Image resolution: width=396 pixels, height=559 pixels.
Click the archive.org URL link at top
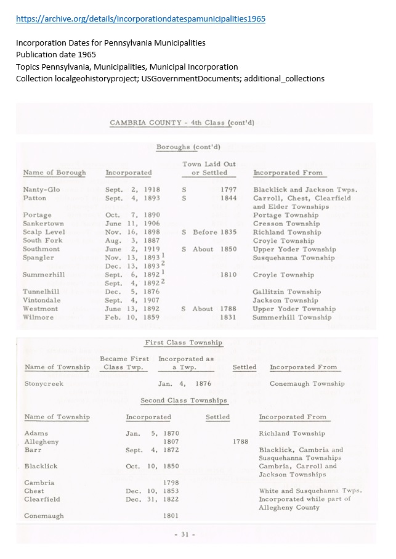pyautogui.click(x=141, y=19)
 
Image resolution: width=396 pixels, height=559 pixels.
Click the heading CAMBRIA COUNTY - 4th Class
pyautogui.click(x=182, y=123)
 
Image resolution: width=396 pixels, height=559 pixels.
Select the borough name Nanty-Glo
pyautogui.click(x=41, y=190)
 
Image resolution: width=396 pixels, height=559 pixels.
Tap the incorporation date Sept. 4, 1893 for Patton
pyautogui.click(x=132, y=198)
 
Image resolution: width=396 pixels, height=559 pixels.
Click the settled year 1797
pyautogui.click(x=228, y=190)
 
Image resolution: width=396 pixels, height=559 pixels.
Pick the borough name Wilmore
pyautogui.click(x=38, y=317)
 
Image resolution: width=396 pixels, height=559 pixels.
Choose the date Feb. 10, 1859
pyautogui.click(x=132, y=317)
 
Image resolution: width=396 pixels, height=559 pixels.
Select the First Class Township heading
pyautogui.click(x=184, y=343)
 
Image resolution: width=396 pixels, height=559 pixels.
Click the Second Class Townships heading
pyautogui.click(x=184, y=401)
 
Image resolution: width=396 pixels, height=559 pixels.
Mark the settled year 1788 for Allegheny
pyautogui.click(x=241, y=442)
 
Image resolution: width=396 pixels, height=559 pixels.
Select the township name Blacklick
pyautogui.click(x=40, y=467)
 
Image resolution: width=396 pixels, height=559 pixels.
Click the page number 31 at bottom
pyautogui.click(x=184, y=534)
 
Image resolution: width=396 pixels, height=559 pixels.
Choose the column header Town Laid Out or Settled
pyautogui.click(x=209, y=168)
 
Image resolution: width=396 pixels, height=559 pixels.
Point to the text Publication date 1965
pyautogui.click(x=56, y=54)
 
